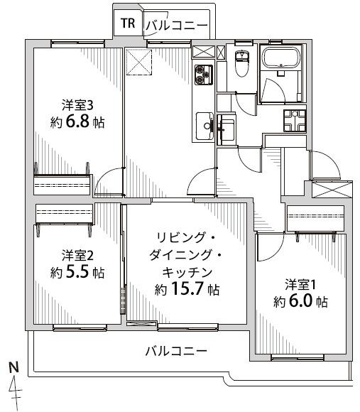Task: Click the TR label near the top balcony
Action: (x=128, y=23)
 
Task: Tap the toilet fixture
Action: (x=242, y=63)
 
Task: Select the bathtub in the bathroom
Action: (x=281, y=57)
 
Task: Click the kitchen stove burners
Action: (x=203, y=75)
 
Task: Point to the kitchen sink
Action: (x=205, y=126)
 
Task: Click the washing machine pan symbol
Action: (x=295, y=121)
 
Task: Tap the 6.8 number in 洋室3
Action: (x=77, y=121)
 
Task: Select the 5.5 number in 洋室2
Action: (x=77, y=272)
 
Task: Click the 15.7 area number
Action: (x=186, y=289)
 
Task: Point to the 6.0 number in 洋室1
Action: (x=300, y=301)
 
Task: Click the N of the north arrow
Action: (x=13, y=367)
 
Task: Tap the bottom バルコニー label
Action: (x=176, y=351)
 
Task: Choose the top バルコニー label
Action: (x=177, y=26)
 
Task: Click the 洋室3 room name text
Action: (x=77, y=106)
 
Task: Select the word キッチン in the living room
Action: (x=187, y=272)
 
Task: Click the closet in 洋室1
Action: (x=315, y=218)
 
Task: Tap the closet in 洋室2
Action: (x=64, y=213)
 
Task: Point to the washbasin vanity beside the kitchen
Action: (x=227, y=129)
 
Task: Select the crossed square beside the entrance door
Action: (x=332, y=190)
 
